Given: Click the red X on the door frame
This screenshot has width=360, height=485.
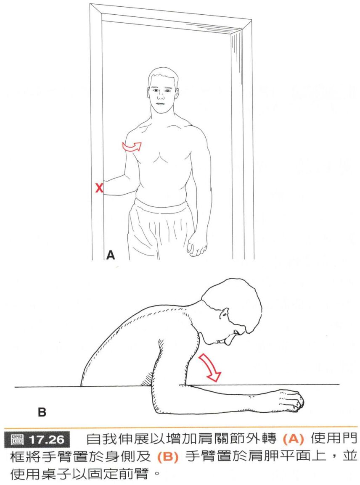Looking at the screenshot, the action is coord(99,188).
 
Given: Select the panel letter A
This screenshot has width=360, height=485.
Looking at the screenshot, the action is coord(110,255).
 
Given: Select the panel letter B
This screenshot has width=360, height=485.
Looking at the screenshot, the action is coord(42,412).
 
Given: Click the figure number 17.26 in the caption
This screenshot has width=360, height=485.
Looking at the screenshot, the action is coord(47,440).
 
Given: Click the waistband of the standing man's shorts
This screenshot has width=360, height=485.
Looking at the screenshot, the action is coord(161,206).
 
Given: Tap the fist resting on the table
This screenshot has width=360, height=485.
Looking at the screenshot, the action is coord(291,400).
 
